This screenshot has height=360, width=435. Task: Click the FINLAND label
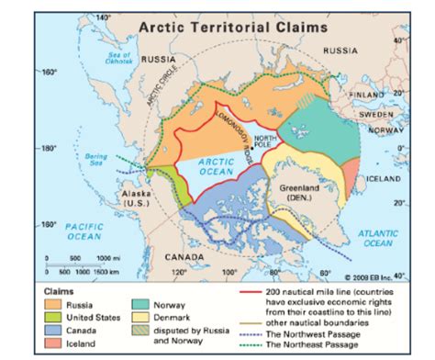pos(368,95)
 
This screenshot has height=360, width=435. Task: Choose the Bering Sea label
pos(96,160)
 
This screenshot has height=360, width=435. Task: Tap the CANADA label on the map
pos(184,258)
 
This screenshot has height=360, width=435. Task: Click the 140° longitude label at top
pos(103,17)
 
